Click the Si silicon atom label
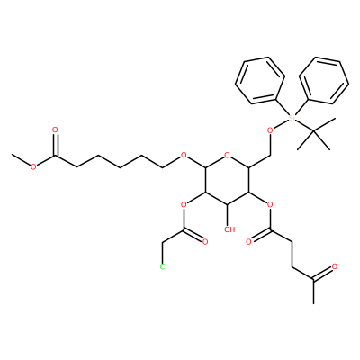pos(292,118)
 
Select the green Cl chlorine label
pos(163,266)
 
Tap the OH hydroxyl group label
pos(229,229)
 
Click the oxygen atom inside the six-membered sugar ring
pos(227,156)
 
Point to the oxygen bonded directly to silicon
pos(270,130)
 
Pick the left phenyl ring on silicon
pos(260,80)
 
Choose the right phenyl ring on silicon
pos(324,80)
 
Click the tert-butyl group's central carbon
pos(313,131)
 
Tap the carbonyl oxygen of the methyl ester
pos(55,130)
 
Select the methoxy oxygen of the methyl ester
pos(33,167)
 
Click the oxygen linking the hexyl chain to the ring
pos(184,156)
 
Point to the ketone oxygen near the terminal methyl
pos(335,266)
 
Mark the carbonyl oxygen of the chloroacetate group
pos(205,242)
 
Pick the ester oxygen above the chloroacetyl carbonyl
pos(184,205)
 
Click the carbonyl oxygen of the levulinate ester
pos(248,242)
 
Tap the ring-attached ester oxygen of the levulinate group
pos(270,205)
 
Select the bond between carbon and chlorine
pos(163,252)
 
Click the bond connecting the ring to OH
pos(228,215)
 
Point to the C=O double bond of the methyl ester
pos(55,145)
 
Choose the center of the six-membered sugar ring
pos(227,180)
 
